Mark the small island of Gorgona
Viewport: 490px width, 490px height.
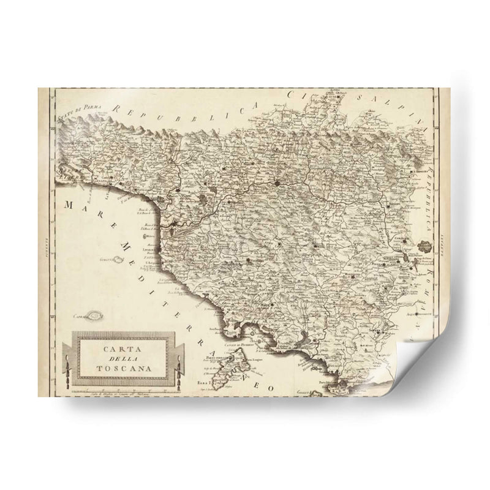(114, 260)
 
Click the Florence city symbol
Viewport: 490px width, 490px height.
(278, 182)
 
